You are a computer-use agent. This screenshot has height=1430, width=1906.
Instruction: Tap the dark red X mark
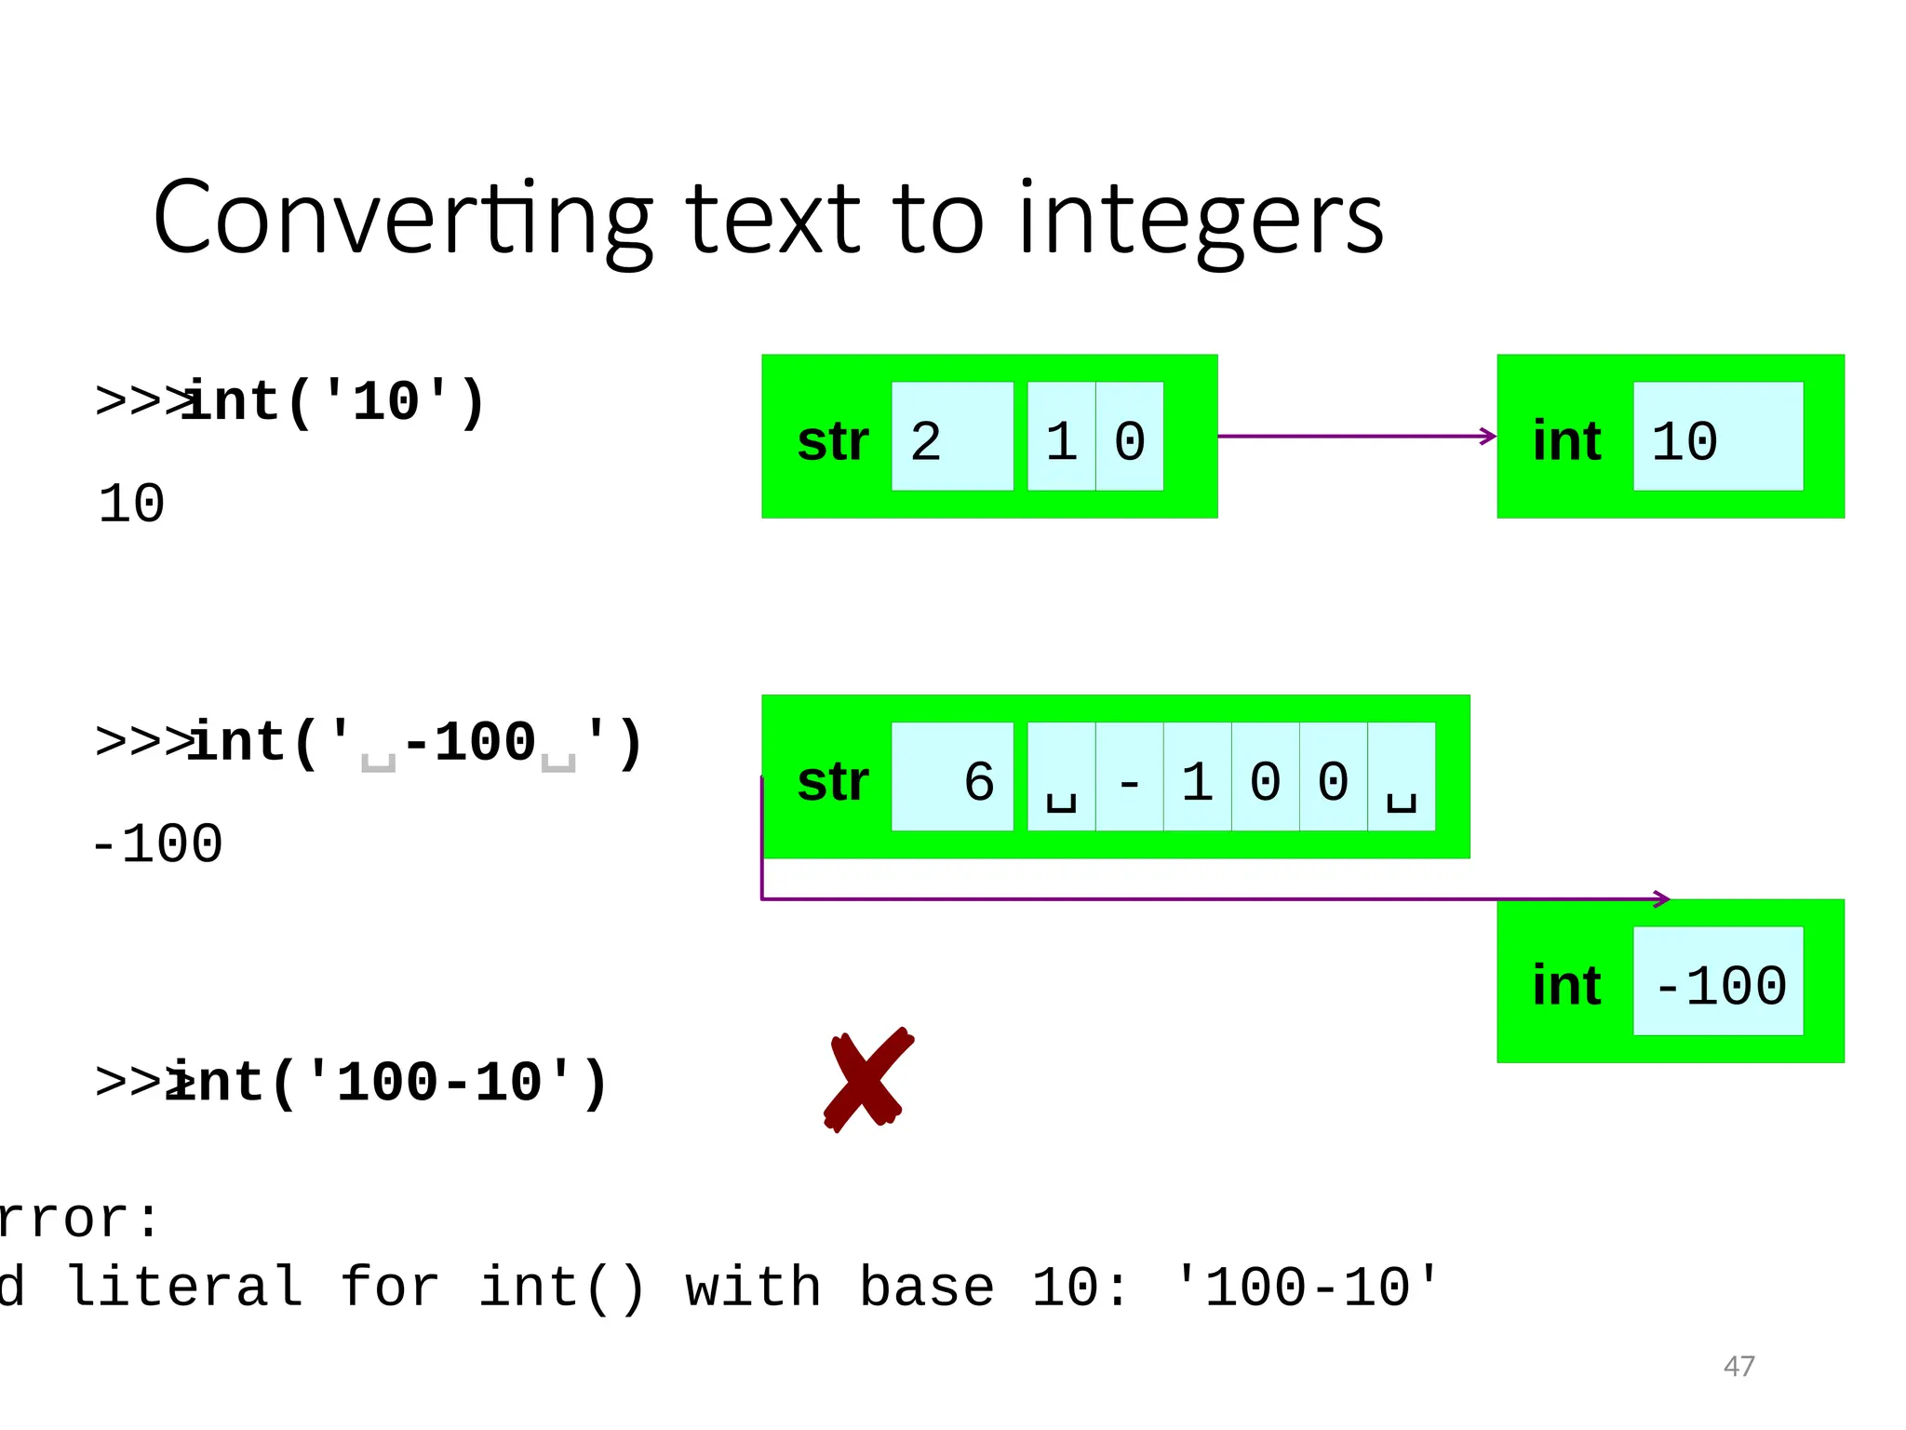(867, 1080)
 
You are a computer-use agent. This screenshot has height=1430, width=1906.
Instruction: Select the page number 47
(1738, 1366)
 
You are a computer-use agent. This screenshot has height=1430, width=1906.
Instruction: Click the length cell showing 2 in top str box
(951, 437)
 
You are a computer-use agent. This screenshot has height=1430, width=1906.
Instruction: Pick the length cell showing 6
(951, 777)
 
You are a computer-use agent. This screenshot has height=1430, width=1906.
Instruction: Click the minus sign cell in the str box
(1129, 777)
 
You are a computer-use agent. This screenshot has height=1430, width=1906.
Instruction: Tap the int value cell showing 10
(1717, 437)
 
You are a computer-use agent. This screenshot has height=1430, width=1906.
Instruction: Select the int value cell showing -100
(1717, 981)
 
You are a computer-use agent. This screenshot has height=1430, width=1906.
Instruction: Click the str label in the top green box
(832, 441)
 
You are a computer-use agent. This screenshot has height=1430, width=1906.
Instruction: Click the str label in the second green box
(832, 782)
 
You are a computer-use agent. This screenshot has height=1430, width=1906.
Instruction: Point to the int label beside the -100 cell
(1566, 986)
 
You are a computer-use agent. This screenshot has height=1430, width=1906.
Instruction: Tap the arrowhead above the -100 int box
(1662, 899)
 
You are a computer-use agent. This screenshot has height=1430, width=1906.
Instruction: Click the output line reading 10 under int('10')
(131, 504)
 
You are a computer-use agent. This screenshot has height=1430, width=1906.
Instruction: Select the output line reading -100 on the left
(156, 844)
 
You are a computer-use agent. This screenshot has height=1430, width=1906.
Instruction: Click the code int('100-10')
(386, 1083)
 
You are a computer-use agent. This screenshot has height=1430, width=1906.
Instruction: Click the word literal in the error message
(185, 1288)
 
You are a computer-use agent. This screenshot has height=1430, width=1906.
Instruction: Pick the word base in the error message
(926, 1288)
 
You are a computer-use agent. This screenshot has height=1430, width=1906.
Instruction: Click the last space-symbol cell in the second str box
(1401, 777)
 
